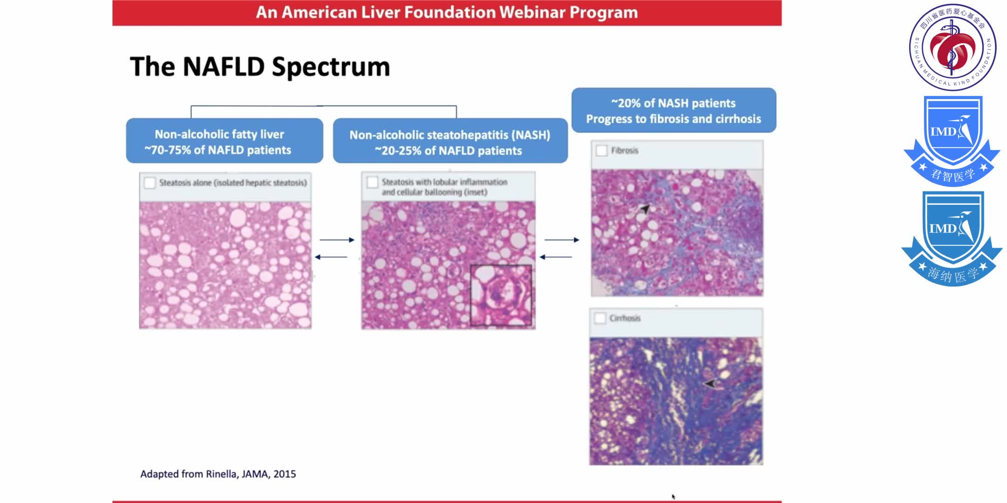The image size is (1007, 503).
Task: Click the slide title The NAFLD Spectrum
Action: point(260,67)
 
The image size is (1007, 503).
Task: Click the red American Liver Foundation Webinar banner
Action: point(447,13)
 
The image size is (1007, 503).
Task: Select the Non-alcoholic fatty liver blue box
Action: point(224,141)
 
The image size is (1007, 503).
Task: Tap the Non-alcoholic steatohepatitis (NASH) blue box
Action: point(450,142)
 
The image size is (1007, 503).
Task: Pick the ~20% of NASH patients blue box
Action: point(673,110)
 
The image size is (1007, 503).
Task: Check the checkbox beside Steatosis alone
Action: point(150,183)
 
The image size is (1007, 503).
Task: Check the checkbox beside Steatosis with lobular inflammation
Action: point(372,182)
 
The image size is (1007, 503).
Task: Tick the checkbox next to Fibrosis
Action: point(601,150)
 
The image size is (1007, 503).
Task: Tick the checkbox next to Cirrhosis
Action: point(600,318)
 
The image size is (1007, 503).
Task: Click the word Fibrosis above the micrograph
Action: point(624,150)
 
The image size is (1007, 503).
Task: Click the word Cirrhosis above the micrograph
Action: point(625,318)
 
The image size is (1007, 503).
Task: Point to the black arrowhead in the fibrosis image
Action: point(645,209)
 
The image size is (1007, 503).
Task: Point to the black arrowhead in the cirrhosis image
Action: point(710,383)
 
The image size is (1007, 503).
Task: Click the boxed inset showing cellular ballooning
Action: point(501,295)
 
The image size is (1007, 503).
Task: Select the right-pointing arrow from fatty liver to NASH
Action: point(337,240)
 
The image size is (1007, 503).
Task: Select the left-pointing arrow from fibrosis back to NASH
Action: point(556,257)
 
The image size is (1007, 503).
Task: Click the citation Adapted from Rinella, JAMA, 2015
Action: point(218,474)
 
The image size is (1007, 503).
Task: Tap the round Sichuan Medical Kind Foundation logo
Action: point(952,47)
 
